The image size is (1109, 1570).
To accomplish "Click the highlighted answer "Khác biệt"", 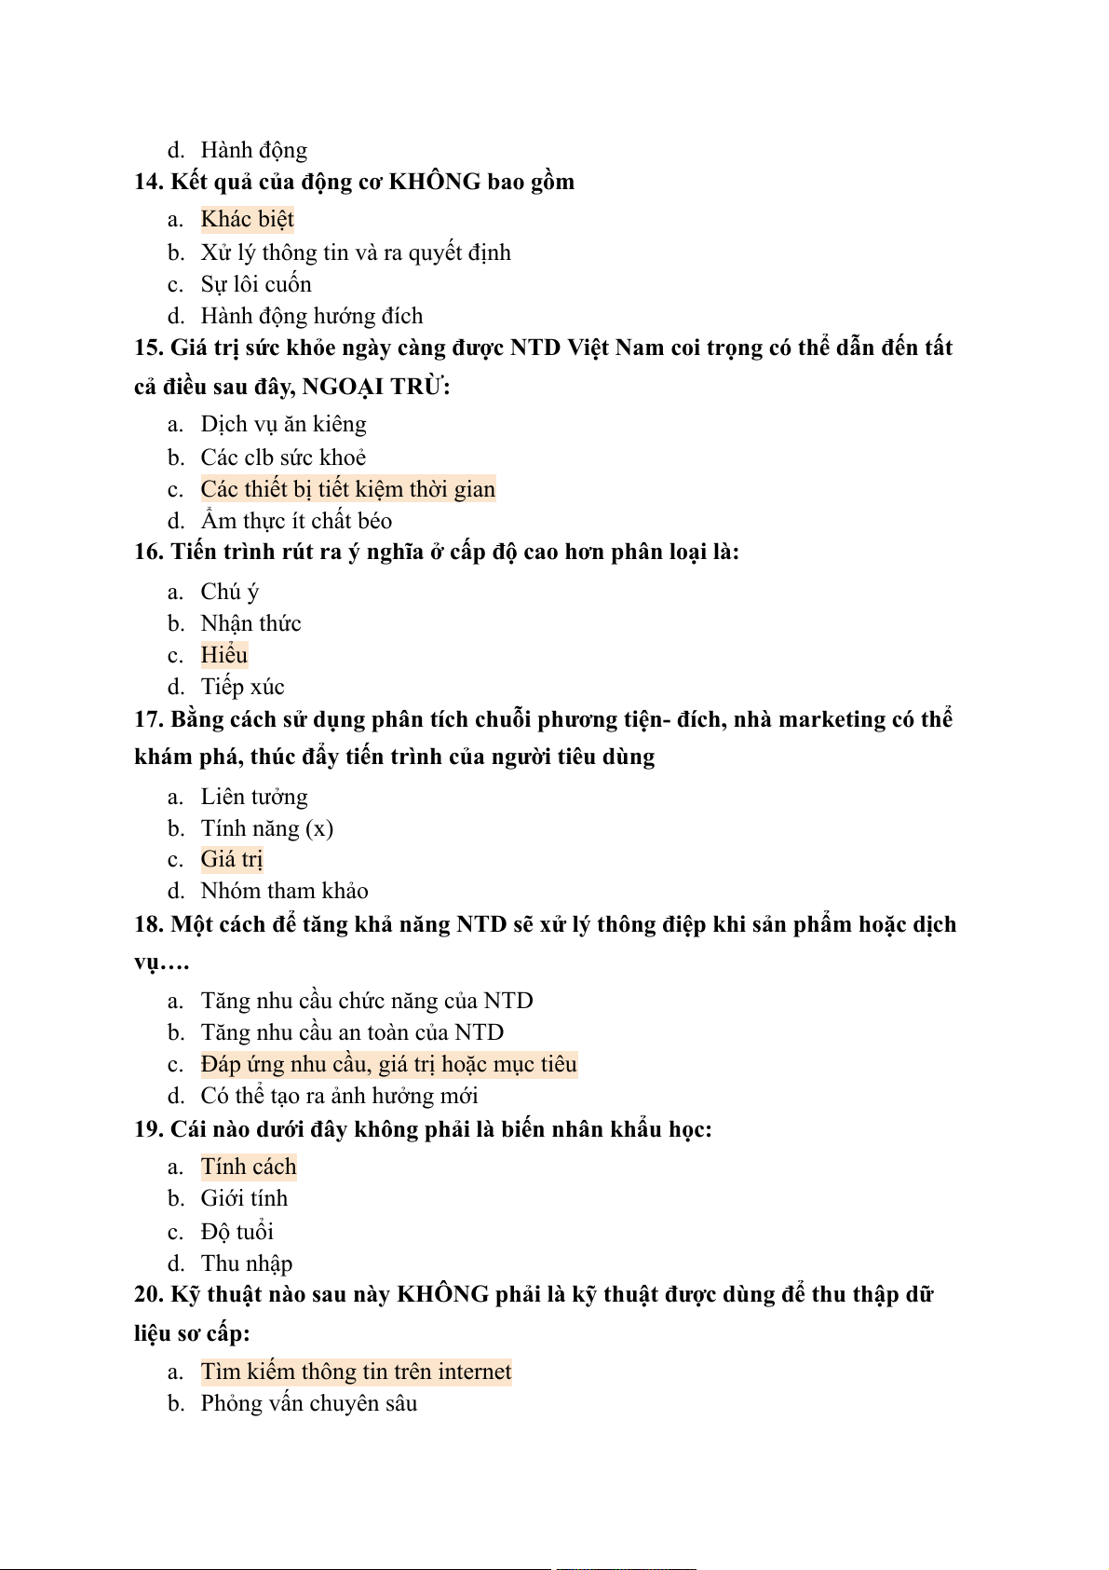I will click(247, 219).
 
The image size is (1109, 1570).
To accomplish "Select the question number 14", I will click(148, 182).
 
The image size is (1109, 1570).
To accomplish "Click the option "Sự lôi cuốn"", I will click(255, 284).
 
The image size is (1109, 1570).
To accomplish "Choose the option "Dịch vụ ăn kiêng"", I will click(283, 424).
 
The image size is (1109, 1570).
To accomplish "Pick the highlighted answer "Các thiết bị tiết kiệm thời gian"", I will click(347, 489).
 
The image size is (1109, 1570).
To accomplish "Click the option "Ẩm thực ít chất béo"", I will click(296, 521).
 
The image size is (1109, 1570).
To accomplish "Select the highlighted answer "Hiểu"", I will click(224, 655).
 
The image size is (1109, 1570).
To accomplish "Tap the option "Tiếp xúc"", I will click(242, 687).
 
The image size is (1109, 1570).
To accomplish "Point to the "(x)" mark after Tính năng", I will click(319, 828).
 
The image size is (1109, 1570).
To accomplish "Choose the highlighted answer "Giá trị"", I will click(232, 859).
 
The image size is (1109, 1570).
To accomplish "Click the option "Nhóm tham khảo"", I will click(284, 891).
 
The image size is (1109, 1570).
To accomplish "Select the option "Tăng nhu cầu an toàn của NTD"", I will click(352, 1032).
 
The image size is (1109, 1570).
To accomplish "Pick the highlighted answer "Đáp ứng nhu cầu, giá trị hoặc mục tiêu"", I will click(388, 1064).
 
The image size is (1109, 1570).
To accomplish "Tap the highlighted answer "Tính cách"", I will click(249, 1167).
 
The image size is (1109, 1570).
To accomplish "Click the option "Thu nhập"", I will click(246, 1263).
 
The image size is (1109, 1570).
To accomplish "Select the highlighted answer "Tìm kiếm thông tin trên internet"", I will click(356, 1372).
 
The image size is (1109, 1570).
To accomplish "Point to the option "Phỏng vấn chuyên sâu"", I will click(308, 1403).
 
